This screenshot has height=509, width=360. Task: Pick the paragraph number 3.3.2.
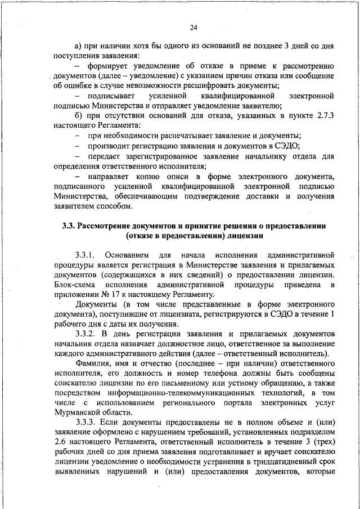coord(86,334)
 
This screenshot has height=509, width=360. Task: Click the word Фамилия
coord(93,364)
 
